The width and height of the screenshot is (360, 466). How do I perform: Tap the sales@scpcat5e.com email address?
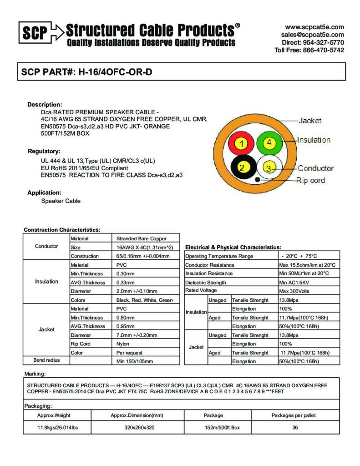[x=312, y=35]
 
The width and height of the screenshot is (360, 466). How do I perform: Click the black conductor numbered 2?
[x=242, y=168]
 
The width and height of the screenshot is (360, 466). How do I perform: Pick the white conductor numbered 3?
[x=269, y=169]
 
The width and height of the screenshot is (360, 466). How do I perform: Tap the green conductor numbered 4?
[x=269, y=142]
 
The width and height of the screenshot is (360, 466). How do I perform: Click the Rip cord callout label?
[x=310, y=180]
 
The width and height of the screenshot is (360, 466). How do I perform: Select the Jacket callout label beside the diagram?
[x=310, y=121]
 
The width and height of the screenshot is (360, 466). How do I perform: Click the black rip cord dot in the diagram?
[x=258, y=179]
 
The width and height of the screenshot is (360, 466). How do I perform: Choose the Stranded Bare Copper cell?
[x=142, y=238]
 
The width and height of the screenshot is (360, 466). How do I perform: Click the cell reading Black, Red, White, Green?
[x=145, y=300]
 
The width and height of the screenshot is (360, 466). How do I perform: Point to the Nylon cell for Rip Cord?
[x=123, y=344]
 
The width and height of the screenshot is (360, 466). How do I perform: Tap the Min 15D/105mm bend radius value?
[x=135, y=361]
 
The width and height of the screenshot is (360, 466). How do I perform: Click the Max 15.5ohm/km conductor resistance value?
[x=307, y=265]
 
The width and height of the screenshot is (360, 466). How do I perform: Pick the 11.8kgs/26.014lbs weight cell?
[x=57, y=428]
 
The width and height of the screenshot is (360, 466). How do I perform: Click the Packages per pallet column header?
[x=294, y=415]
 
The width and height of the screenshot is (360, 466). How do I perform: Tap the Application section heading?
[x=44, y=192]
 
